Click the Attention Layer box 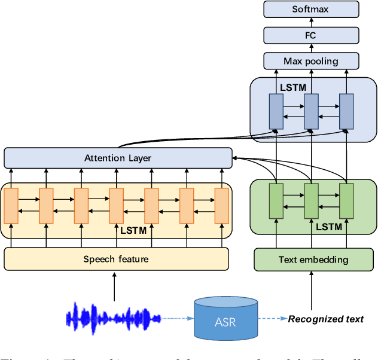tap(118, 158)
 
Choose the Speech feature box tap(116, 259)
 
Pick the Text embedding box tap(313, 260)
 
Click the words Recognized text tap(326, 319)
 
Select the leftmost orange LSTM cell tap(11, 204)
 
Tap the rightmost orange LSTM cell tap(222, 204)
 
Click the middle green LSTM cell tap(311, 201)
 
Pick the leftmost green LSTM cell tap(276, 201)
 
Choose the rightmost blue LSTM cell tap(346, 111)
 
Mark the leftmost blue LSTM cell tap(276, 111)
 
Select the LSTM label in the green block tap(328, 227)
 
